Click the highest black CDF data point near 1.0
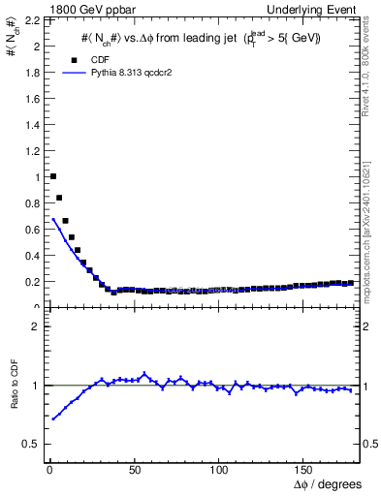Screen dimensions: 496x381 point(52,176)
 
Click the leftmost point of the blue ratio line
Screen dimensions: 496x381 point(52,418)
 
